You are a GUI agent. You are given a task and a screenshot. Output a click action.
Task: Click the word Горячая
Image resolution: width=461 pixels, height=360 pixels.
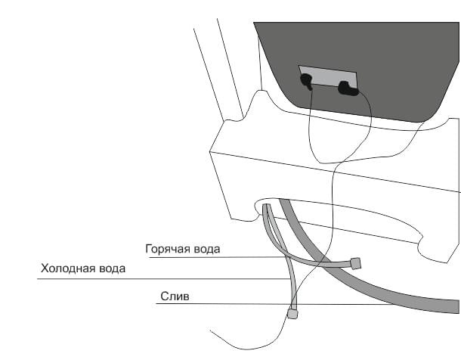tap(165, 250)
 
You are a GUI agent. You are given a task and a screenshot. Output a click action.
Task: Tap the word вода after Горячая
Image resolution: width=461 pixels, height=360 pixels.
tap(203, 250)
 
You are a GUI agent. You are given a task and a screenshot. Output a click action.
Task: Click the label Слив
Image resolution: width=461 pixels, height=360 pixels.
tap(175, 296)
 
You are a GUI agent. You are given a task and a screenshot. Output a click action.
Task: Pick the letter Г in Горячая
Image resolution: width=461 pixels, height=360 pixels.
tap(148, 249)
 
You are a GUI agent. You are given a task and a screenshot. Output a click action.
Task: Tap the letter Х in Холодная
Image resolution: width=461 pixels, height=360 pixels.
tap(45, 268)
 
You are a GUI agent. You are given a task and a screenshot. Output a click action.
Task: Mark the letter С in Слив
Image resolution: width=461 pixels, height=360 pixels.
tap(164, 296)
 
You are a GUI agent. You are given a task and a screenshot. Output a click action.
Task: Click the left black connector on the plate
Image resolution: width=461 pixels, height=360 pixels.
tap(306, 82)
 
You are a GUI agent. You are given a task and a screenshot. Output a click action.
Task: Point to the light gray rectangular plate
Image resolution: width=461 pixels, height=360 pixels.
tap(328, 76)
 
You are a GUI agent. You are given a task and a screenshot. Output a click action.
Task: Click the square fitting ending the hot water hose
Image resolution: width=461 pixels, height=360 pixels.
tap(356, 263)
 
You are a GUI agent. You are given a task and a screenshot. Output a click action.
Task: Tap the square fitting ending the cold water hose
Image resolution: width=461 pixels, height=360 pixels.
tap(292, 314)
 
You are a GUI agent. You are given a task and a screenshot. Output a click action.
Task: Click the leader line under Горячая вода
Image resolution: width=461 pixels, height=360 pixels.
tap(217, 257)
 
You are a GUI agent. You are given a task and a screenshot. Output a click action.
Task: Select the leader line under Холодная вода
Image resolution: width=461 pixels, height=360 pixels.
tap(164, 278)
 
